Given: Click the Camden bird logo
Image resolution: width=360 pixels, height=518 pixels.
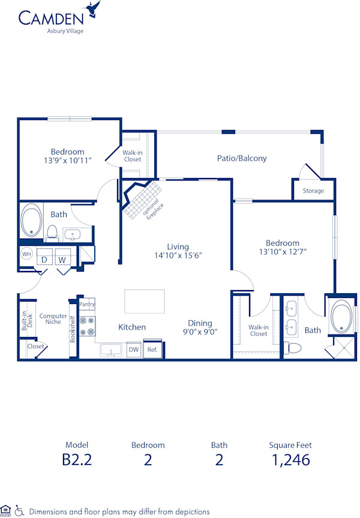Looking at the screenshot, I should (93, 8).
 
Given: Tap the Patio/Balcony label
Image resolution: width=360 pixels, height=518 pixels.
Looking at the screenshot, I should (242, 158).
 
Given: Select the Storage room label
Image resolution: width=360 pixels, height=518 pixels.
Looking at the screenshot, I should (313, 191).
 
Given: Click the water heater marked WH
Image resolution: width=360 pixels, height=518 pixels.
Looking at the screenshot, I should (26, 254).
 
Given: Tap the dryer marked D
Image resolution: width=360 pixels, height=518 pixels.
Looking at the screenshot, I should (44, 260).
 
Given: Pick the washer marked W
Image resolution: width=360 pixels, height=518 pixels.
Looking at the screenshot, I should (62, 260).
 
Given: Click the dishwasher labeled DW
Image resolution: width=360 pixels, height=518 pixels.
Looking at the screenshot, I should (133, 349).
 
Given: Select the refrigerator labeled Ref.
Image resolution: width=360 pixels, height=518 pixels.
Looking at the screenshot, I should (152, 349).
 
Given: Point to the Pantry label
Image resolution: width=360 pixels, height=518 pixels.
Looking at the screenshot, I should (87, 305).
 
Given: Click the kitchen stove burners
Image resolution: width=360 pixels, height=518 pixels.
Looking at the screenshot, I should (88, 326).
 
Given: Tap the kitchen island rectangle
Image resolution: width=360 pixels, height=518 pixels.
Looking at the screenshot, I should (144, 301).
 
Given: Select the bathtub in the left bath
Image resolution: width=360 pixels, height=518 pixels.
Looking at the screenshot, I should (31, 221).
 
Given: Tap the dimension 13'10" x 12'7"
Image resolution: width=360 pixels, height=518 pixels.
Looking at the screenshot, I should (283, 252).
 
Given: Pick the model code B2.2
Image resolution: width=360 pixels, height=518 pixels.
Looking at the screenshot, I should (77, 460).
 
